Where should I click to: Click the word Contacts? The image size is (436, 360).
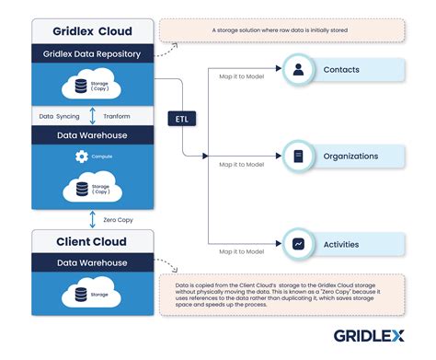pyautogui.click(x=342, y=69)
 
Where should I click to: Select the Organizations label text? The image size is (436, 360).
pyautogui.click(x=350, y=157)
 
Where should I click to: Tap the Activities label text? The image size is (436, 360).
pyautogui.click(x=341, y=244)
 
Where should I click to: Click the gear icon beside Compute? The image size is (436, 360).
pyautogui.click(x=81, y=157)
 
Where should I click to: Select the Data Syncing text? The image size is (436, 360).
pyautogui.click(x=60, y=117)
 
